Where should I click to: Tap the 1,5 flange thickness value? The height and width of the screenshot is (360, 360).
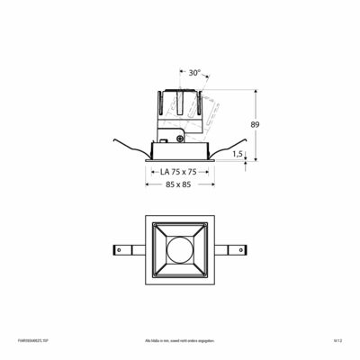tap(237, 154)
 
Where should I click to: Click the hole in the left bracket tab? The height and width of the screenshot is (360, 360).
tap(119, 249)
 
